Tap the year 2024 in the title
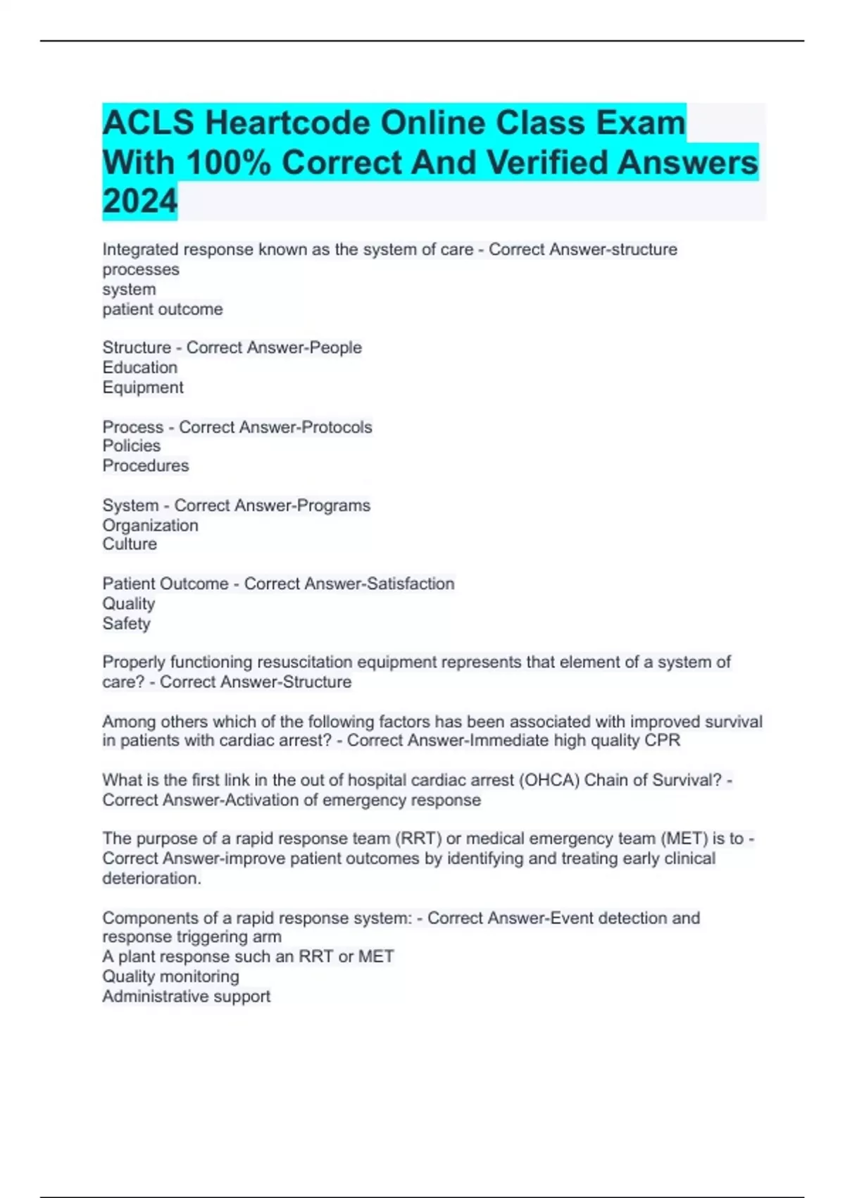coord(140,202)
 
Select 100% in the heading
coord(229,163)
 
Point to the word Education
coord(139,367)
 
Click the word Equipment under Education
coord(142,388)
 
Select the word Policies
coord(131,446)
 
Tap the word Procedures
coord(145,466)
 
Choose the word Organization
coord(150,525)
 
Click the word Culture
coord(130,544)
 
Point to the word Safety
coord(126,624)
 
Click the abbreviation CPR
coord(663,741)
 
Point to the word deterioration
coord(151,878)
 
